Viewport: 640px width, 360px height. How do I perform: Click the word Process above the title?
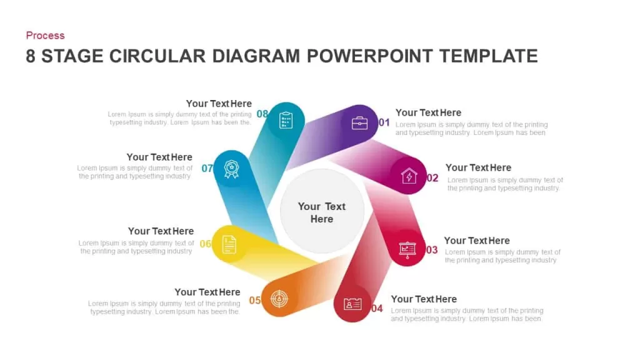pos(45,36)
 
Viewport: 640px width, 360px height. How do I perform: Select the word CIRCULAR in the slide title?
pos(157,56)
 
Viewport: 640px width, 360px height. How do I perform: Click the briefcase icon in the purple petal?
pos(359,122)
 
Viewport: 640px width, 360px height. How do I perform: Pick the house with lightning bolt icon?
pos(409,176)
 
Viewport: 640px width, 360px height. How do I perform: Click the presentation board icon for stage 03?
pos(407,250)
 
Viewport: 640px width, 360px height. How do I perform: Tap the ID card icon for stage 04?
pos(352,304)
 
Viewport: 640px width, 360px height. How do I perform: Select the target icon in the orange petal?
pos(279,299)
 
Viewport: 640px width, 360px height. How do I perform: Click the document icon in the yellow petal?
pos(229,244)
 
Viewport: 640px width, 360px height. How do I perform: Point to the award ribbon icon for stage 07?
pos(231,169)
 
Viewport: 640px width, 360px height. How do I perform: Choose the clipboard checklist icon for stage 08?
pos(286,120)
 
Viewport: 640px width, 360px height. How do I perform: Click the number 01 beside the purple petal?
pos(384,122)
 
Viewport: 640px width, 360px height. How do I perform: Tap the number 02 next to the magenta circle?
pos(432,178)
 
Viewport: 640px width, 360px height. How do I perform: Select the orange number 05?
pos(255,301)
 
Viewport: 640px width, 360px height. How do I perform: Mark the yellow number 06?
pos(205,244)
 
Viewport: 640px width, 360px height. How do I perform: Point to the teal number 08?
pos(262,114)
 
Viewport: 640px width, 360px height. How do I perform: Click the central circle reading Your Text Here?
pos(322,211)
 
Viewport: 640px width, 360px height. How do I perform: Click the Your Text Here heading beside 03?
pos(477,241)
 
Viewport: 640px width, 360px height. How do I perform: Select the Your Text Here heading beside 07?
pos(159,157)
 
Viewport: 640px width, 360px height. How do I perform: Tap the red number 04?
pos(377,309)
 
